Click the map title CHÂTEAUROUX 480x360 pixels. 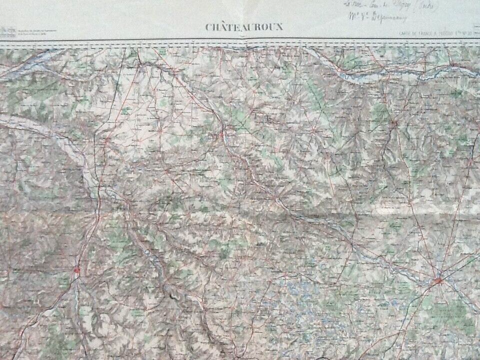pyautogui.click(x=244, y=27)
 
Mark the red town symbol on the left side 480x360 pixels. pyautogui.click(x=76, y=270)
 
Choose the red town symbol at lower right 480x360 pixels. pyautogui.click(x=438, y=281)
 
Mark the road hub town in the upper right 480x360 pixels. pyautogui.click(x=394, y=122)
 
